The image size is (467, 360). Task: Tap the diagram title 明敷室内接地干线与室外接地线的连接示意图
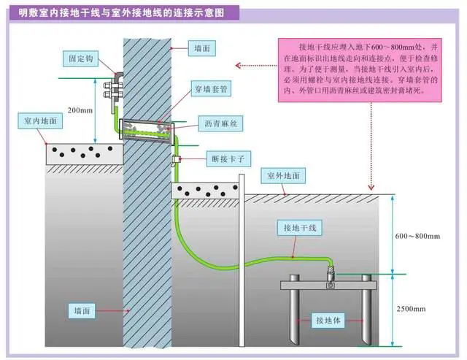click(119, 13)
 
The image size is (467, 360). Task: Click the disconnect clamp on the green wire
click(175, 158)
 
